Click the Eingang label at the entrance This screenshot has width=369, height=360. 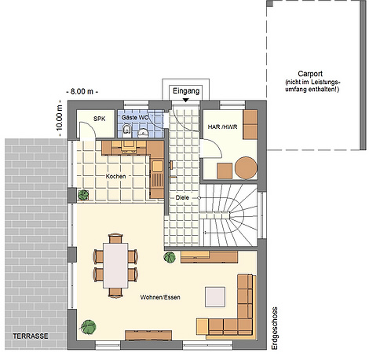pyautogui.click(x=186, y=91)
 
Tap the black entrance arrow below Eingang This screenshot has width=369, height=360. pyautogui.click(x=186, y=100)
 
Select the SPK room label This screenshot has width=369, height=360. pyautogui.click(x=100, y=119)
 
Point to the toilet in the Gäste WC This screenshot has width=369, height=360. pyautogui.click(x=127, y=130)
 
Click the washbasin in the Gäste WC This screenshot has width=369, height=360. pyautogui.click(x=143, y=133)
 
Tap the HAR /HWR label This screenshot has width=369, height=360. pyautogui.click(x=222, y=127)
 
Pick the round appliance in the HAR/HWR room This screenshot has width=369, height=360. pyautogui.click(x=246, y=167)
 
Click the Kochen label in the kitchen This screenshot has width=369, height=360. pyautogui.click(x=115, y=176)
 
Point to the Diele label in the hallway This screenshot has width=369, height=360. pyautogui.click(x=182, y=197)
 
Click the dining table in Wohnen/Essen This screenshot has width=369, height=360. pyautogui.click(x=115, y=266)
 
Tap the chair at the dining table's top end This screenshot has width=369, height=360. pyautogui.click(x=115, y=238)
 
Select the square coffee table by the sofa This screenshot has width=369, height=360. pyautogui.click(x=215, y=296)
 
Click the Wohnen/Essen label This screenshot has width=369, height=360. pyautogui.click(x=160, y=297)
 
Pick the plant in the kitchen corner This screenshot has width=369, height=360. pyautogui.click(x=83, y=195)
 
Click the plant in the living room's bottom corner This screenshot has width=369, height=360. pyautogui.click(x=88, y=327)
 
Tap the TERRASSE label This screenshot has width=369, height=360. pyautogui.click(x=31, y=336)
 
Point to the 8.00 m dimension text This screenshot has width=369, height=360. pyautogui.click(x=82, y=91)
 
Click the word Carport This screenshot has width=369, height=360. pyautogui.click(x=310, y=74)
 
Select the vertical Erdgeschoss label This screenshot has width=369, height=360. pyautogui.click(x=274, y=329)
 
